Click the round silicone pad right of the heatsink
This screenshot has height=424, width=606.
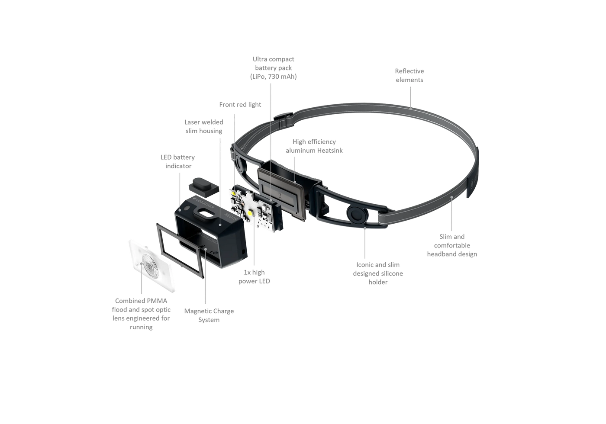click(356, 214)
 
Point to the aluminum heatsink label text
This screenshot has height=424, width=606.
click(314, 146)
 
